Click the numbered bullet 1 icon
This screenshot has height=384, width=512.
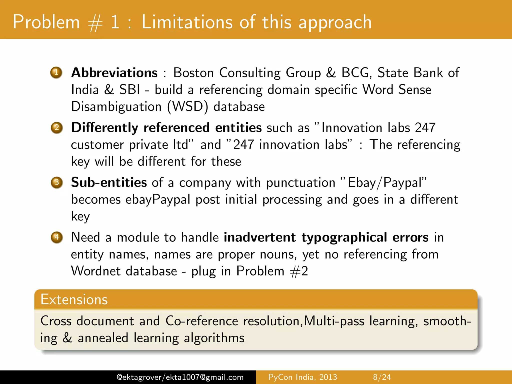(56, 72)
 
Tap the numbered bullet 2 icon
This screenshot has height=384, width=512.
(57, 127)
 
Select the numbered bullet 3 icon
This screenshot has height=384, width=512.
(57, 182)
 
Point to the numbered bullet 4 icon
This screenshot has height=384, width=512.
(57, 237)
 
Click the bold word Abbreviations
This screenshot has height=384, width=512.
(114, 73)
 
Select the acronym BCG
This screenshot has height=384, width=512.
(355, 73)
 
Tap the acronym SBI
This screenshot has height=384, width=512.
(129, 89)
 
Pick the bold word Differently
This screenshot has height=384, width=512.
(104, 128)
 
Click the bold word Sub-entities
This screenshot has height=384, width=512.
(109, 182)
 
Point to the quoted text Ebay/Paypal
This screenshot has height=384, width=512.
(385, 182)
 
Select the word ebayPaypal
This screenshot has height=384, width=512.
(158, 199)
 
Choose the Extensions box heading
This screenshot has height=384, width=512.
(74, 299)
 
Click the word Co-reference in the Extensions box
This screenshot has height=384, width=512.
(201, 321)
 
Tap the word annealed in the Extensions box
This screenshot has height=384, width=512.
(103, 338)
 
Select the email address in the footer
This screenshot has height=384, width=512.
(180, 377)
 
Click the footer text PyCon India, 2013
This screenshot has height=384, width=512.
(302, 377)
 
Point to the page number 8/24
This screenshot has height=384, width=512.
(382, 377)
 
